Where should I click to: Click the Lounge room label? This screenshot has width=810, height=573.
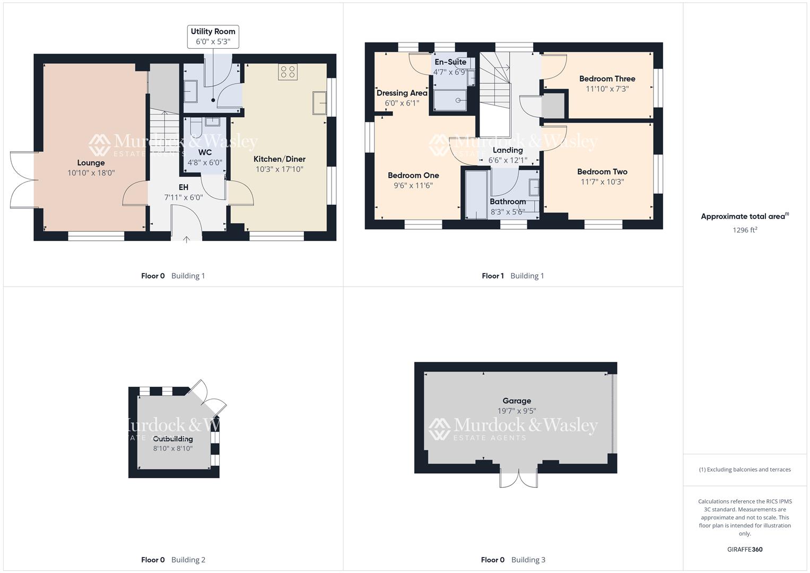[91, 163]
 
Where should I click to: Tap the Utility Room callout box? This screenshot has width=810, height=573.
[213, 37]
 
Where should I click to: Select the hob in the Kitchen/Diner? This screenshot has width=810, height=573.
[288, 72]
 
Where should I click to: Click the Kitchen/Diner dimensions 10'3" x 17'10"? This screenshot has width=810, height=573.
[279, 169]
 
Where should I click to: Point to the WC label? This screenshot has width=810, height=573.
[205, 152]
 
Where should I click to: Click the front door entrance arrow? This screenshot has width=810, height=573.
[186, 239]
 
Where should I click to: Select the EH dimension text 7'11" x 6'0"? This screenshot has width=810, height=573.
[183, 197]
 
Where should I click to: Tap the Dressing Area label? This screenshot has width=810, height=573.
[402, 93]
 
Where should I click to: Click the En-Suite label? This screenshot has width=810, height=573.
[450, 62]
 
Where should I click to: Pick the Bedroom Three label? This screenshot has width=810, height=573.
[607, 79]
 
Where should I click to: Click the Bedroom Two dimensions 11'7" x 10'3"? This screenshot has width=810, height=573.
[602, 181]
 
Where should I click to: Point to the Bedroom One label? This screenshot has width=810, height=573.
[413, 175]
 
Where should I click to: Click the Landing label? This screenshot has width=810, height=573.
[508, 150]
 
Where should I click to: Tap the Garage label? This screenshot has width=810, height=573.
[517, 401]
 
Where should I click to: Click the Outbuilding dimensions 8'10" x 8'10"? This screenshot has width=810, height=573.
[173, 448]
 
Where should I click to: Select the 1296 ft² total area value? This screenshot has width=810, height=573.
[744, 230]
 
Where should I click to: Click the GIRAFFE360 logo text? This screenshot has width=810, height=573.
[745, 549]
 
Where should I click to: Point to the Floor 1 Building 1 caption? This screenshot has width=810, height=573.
[512, 276]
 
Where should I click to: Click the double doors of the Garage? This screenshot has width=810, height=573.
[519, 477]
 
